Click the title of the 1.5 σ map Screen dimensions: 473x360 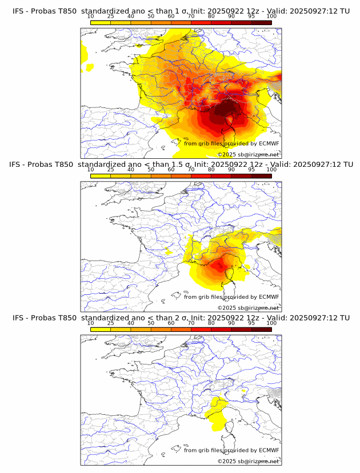180,165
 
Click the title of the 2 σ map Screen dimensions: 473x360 180,318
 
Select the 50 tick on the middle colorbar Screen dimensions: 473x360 151,169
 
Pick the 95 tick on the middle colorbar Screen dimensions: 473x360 251,169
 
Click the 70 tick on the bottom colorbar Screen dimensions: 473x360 191,322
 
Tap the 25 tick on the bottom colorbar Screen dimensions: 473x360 111,322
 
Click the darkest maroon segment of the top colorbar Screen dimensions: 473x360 261,22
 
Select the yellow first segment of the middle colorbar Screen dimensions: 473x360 101,175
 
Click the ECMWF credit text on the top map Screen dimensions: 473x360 231,143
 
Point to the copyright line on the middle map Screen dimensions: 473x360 248,307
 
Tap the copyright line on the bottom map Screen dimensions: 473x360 248,460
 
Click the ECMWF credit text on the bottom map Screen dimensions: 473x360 231,450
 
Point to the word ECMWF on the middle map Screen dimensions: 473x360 269,296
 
